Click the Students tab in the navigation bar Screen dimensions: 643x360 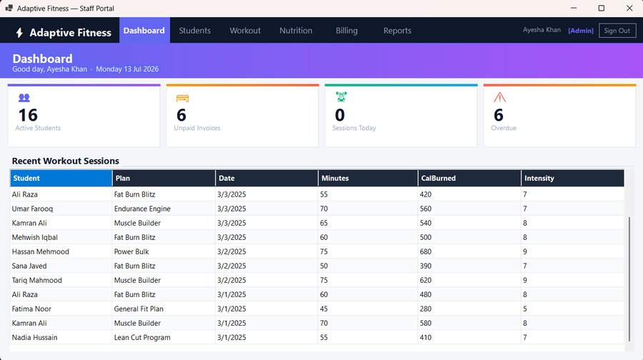point(194,31)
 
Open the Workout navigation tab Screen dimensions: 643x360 point(245,31)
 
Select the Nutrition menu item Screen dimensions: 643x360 point(296,31)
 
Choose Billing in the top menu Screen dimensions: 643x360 point(347,31)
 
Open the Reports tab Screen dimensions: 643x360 point(397,31)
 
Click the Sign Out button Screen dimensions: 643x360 point(617,31)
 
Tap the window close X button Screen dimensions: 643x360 point(629,8)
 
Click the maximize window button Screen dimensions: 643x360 point(601,8)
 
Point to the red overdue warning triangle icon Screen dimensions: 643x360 point(499,97)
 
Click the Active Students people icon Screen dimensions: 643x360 point(24,98)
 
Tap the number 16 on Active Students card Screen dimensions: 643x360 point(28,115)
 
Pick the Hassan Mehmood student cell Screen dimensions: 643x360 point(40,251)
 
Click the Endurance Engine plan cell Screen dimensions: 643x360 point(142,209)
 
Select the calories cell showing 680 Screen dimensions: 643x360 point(426,251)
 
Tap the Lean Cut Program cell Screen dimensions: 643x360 point(142,337)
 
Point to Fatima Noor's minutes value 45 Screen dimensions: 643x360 point(324,309)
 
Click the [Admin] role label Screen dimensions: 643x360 point(581,31)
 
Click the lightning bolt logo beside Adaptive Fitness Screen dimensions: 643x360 point(19,33)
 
